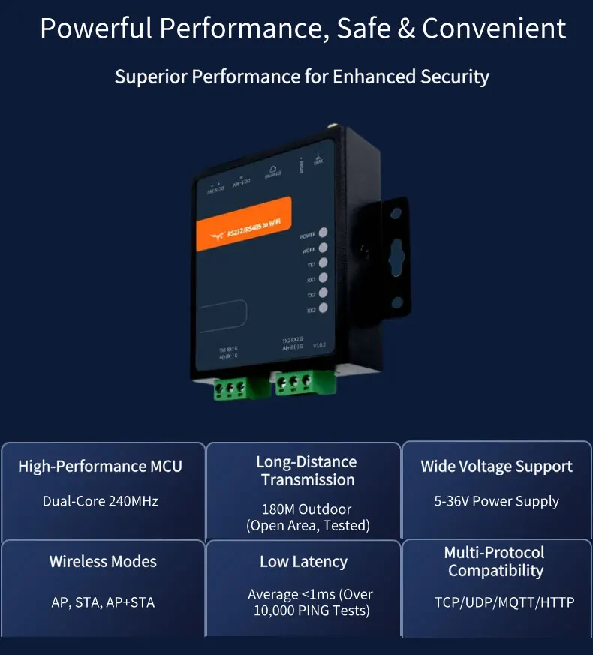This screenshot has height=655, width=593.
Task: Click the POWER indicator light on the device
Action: click(323, 233)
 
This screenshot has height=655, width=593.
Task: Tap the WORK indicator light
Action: click(323, 248)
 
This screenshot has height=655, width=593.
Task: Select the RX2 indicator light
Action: click(323, 308)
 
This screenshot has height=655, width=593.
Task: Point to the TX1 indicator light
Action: click(323, 263)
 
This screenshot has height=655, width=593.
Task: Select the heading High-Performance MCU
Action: click(100, 467)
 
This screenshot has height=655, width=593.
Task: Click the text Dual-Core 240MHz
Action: click(100, 501)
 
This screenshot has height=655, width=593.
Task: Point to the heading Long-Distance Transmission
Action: click(306, 471)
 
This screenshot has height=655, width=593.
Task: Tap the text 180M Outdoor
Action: click(306, 509)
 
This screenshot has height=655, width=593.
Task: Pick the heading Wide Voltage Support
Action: click(496, 467)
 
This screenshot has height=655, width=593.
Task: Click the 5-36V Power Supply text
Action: click(496, 501)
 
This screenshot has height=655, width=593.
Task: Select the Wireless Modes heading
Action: click(103, 561)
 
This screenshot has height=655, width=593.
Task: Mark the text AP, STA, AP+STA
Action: click(103, 602)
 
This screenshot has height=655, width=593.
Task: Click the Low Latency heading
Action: click(303, 561)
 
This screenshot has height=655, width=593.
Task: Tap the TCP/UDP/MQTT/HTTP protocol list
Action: click(495, 602)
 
